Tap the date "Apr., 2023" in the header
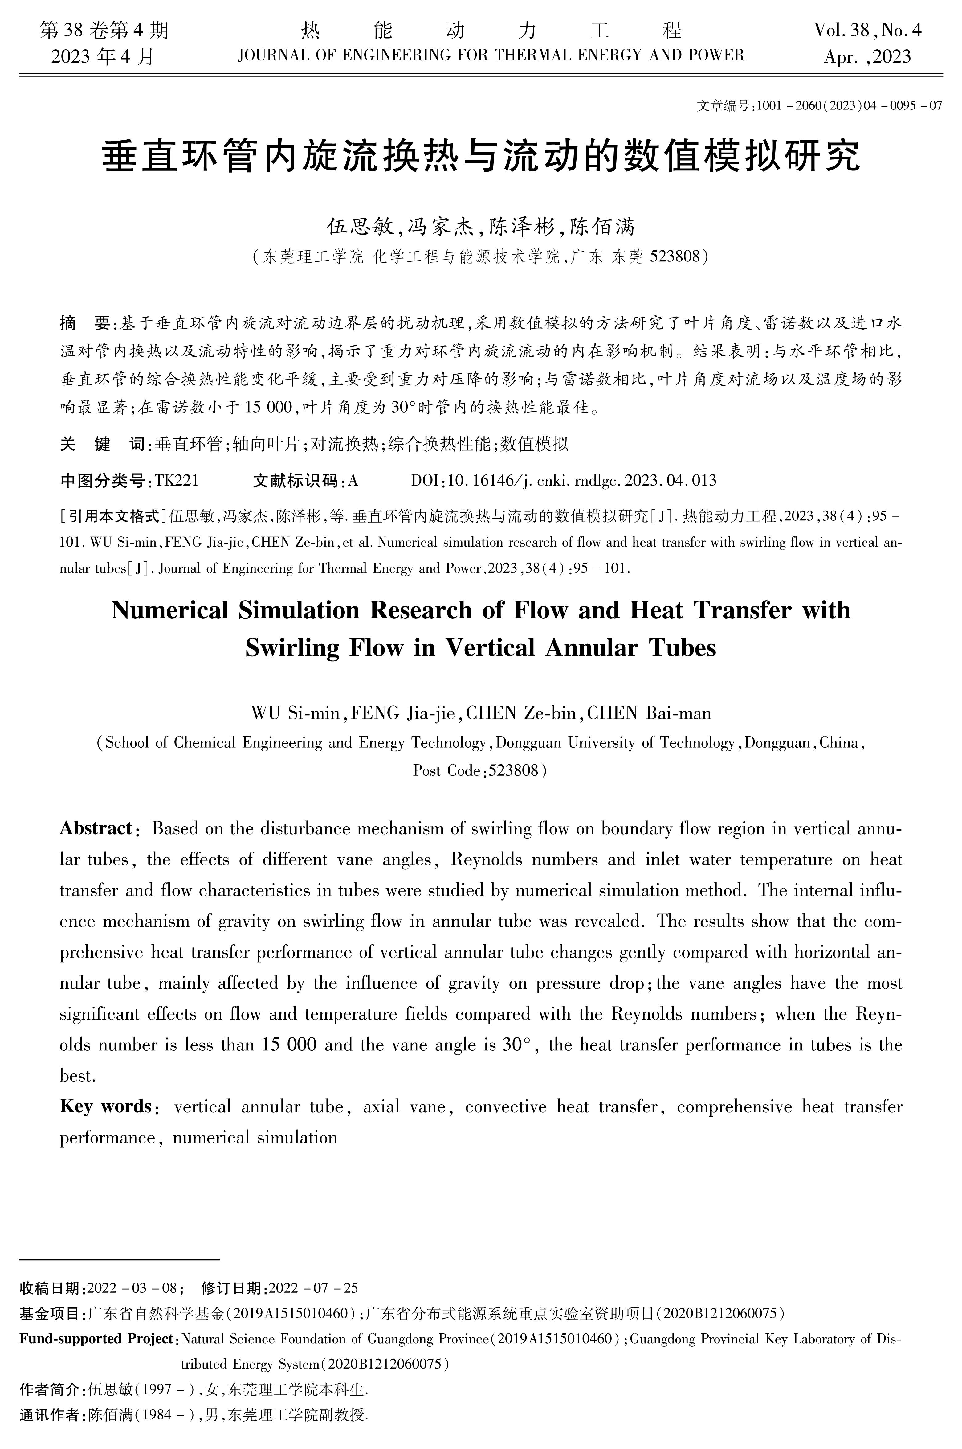coord(867,57)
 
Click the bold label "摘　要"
coord(84,323)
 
